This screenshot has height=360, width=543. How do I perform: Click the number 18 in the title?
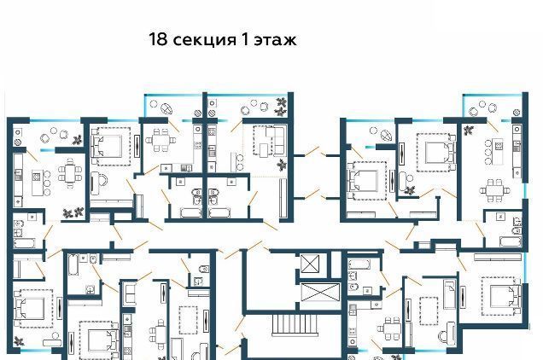[158, 39]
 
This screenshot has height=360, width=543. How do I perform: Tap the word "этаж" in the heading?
[275, 40]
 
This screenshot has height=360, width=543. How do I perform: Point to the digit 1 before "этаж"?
[245, 39]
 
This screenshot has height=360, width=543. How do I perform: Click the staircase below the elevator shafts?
[295, 325]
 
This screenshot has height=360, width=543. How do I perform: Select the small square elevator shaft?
[310, 264]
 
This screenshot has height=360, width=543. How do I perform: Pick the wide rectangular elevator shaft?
[320, 292]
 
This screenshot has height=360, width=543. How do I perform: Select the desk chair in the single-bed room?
[442, 336]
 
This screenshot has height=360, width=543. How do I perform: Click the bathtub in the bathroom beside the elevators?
[359, 264]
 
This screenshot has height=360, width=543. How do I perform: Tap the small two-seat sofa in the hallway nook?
[130, 293]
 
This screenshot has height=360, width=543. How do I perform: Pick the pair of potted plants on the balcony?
[281, 107]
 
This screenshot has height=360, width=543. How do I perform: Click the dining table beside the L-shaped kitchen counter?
[161, 140]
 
